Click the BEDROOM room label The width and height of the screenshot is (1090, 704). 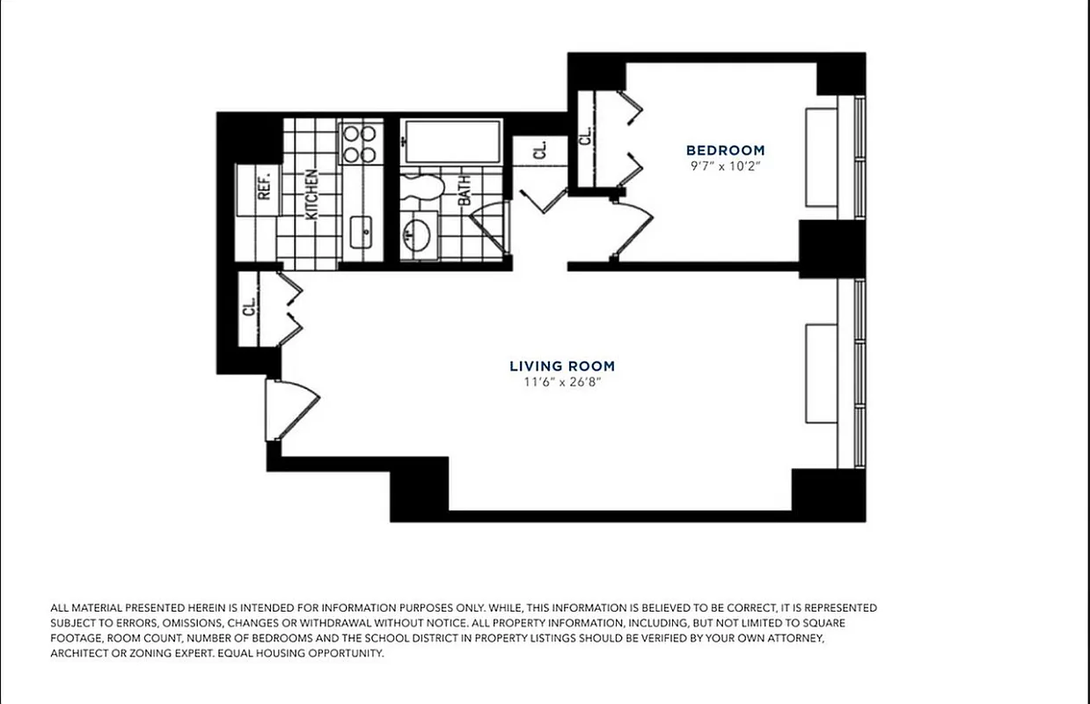725,150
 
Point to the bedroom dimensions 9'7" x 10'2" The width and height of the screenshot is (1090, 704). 725,166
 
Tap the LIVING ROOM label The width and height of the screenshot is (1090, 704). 562,366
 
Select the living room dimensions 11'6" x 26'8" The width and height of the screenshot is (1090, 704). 562,382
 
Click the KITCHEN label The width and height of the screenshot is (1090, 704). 311,194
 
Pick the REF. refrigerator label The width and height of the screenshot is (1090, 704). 263,186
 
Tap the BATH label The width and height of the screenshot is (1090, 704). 465,189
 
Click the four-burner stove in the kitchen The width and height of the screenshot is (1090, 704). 359,144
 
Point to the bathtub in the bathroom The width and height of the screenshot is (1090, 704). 451,142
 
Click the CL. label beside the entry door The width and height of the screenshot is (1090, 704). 249,306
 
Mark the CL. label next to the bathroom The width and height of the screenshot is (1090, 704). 539,149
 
